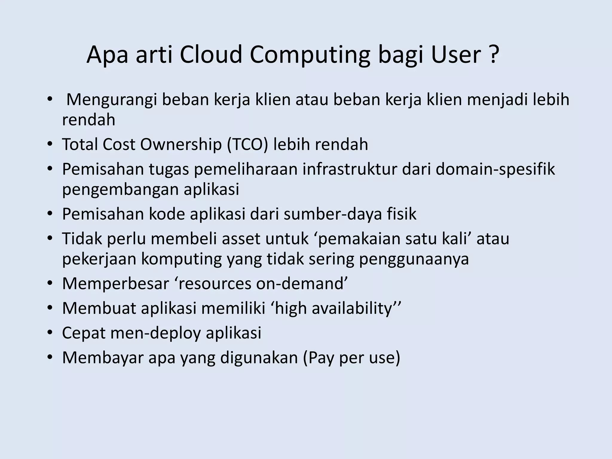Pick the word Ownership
(181, 144)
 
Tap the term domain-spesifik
(495, 169)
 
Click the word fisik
(402, 214)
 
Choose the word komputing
(181, 259)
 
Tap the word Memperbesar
(116, 284)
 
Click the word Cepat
(83, 333)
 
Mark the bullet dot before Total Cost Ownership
(50, 145)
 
